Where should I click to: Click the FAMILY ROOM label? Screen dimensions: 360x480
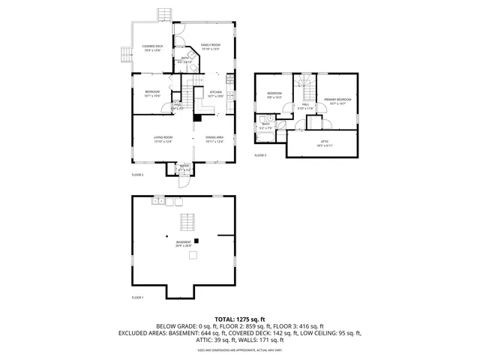click(210, 46)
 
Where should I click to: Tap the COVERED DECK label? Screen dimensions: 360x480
click(153, 48)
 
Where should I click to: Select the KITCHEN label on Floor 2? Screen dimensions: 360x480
click(215, 94)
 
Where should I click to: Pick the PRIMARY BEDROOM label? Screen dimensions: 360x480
click(334, 100)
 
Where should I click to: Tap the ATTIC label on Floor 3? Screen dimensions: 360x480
click(324, 142)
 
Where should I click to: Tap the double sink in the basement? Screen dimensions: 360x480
click(157, 201)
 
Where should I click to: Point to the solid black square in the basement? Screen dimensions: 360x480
click(196, 241)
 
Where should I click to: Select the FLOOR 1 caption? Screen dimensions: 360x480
click(137, 298)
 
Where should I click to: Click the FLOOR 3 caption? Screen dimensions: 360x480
click(260, 155)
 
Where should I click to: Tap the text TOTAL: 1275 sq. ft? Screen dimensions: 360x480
click(239, 319)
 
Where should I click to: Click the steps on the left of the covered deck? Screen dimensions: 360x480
click(124, 53)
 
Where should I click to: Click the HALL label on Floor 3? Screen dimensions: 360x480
click(305, 106)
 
